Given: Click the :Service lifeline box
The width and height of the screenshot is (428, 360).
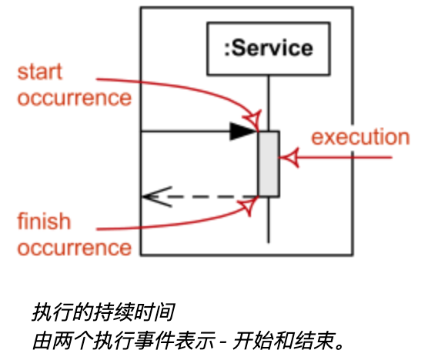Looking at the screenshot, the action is [269, 48].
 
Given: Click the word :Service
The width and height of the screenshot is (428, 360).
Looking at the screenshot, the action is [269, 48].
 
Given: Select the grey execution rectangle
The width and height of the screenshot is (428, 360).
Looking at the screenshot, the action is [269, 164].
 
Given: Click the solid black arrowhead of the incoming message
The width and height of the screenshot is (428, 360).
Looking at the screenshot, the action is [243, 132].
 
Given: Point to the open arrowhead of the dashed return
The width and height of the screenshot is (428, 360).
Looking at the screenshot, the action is [157, 197].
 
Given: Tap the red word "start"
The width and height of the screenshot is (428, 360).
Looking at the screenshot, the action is [40, 72].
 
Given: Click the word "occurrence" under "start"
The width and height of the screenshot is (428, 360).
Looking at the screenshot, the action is [75, 98].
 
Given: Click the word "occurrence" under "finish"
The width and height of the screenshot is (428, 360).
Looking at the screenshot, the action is [75, 248].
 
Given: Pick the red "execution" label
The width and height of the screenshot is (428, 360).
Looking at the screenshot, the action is [360, 137].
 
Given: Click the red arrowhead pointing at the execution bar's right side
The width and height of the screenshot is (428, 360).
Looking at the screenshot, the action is [289, 158].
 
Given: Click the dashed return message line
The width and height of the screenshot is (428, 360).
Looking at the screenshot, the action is [200, 197].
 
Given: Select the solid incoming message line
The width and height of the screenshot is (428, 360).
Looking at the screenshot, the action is [199, 132].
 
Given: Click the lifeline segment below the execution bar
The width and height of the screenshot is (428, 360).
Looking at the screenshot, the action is [269, 220].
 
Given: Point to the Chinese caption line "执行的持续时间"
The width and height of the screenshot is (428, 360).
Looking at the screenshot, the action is [103, 312].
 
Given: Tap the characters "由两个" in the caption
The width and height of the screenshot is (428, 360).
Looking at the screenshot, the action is [62, 341].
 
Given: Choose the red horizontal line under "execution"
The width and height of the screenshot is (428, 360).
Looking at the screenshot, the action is [336, 158].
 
